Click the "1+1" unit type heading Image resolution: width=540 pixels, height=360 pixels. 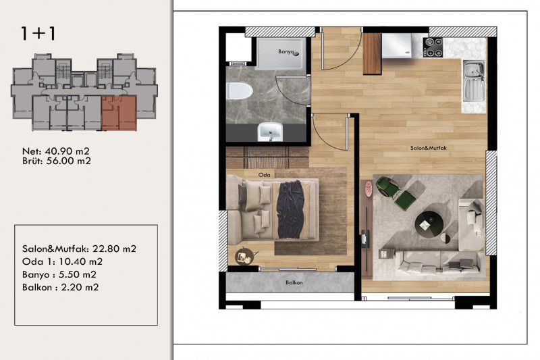coord(38,33)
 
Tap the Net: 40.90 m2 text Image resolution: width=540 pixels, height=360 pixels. coord(56,151)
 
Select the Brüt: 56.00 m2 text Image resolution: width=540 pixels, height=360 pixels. coord(57,161)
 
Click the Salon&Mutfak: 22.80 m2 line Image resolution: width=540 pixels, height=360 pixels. coord(79,249)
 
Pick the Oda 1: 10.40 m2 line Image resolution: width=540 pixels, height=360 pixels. coord(62,262)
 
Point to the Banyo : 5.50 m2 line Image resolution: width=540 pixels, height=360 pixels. coord(59,275)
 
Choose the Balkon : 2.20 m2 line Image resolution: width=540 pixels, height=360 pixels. coord(60,287)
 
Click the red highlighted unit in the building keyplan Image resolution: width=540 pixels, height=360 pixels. coord(119,113)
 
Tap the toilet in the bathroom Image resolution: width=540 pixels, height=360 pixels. coord(240,91)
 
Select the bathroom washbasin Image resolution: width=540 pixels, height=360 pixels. coord(271,132)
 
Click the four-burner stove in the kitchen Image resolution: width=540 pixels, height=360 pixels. coord(433,47)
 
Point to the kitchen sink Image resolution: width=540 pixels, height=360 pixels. coord(474,81)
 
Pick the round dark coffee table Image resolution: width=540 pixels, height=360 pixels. coord(429,224)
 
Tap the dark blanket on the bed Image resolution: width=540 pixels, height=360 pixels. coord(291,209)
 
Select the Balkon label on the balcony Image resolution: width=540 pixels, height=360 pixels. coord(294,282)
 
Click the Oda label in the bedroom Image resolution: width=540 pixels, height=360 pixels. coord(264,175)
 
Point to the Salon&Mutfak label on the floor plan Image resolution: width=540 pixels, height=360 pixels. coord(429,148)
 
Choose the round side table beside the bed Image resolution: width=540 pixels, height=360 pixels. coord(244,255)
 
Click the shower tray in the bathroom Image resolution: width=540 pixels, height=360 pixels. coord(281,53)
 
